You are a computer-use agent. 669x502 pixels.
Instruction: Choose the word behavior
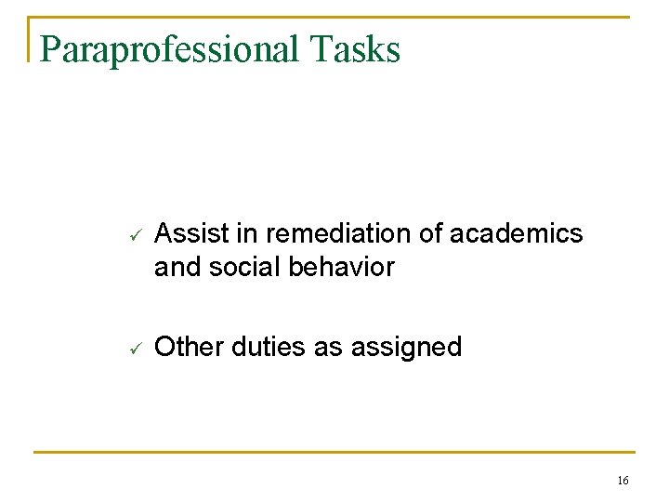pyautogui.click(x=340, y=268)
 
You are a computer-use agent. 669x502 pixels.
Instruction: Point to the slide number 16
pyautogui.click(x=623, y=480)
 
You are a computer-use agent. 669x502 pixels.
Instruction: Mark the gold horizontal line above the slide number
pyautogui.click(x=334, y=453)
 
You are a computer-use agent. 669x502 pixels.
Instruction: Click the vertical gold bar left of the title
pyautogui.click(x=30, y=39)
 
